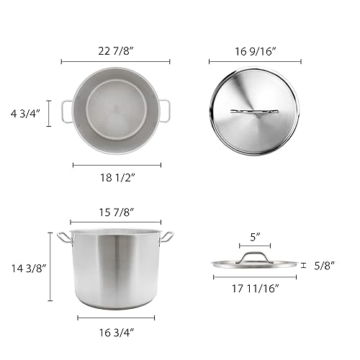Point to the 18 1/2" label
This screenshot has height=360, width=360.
click(117, 176)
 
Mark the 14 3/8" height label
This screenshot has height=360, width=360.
click(25, 267)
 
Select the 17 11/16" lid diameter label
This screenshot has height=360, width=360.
click(255, 289)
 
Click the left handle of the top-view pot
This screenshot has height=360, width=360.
click(66, 112)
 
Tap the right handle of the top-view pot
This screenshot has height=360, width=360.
click(165, 112)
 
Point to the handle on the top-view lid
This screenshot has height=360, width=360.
click(254, 112)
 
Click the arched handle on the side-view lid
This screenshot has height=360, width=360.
click(255, 257)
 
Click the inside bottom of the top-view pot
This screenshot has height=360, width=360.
click(115, 112)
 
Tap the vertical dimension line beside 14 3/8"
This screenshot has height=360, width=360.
click(50, 267)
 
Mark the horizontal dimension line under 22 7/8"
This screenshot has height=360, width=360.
click(115, 62)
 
